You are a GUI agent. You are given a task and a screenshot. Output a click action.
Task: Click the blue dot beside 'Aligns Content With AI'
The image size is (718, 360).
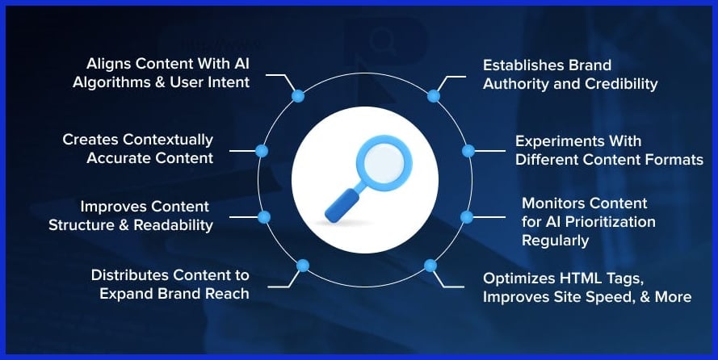point(298,96)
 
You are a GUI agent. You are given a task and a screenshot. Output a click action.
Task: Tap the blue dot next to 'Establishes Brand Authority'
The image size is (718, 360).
point(434,96)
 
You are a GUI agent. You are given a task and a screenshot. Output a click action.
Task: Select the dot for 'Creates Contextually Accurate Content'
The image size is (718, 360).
point(261,150)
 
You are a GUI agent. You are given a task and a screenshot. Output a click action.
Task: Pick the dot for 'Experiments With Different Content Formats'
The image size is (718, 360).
point(468,150)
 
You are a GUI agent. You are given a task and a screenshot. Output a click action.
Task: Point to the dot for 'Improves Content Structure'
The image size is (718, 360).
point(263,216)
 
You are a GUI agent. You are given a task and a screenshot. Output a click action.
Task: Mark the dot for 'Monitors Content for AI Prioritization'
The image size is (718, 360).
point(466,216)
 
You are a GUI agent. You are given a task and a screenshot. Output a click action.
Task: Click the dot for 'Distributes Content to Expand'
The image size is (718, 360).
point(303,265)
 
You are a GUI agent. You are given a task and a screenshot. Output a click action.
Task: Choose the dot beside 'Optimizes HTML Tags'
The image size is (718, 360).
point(430,265)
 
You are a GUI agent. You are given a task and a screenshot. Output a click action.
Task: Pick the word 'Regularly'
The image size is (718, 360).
point(555,240)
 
